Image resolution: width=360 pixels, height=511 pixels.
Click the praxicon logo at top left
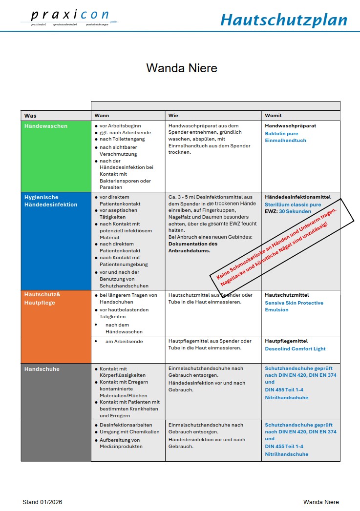point(69,17)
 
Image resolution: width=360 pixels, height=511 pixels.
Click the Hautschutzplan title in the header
point(283,20)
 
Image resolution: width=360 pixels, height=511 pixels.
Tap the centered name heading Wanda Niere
point(182,68)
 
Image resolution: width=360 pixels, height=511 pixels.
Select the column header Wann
point(102,116)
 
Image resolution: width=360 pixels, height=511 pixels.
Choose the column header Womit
point(274,116)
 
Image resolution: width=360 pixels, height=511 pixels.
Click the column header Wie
point(173,116)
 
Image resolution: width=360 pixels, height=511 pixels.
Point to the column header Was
point(30,116)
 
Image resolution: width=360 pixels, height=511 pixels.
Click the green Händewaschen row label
point(46,126)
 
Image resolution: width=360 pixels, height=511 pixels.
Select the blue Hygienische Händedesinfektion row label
point(51,201)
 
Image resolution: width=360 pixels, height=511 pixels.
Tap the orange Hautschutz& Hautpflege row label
point(43,299)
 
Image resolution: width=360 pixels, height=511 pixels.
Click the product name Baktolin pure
point(281,133)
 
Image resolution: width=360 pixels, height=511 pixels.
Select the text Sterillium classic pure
point(293,204)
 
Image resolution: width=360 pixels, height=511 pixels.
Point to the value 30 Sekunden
point(295,212)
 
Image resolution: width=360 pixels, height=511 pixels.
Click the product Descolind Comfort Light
point(295,349)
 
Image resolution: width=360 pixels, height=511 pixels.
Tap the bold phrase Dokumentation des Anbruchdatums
point(193,247)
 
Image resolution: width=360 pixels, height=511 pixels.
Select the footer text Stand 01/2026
point(42,502)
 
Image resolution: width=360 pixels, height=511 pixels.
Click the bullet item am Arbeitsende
point(124,342)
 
